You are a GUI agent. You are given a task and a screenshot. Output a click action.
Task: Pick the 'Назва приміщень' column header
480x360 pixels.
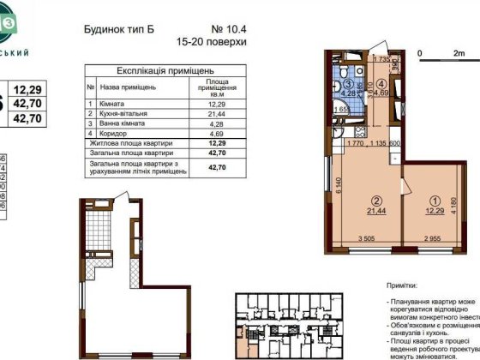pos(127,87)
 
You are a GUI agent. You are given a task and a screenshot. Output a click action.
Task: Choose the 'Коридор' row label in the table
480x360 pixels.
pos(115,133)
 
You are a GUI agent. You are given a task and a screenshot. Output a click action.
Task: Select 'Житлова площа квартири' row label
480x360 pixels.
pos(129,143)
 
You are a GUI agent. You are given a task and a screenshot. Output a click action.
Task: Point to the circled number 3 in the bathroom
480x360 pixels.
pos(350,84)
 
